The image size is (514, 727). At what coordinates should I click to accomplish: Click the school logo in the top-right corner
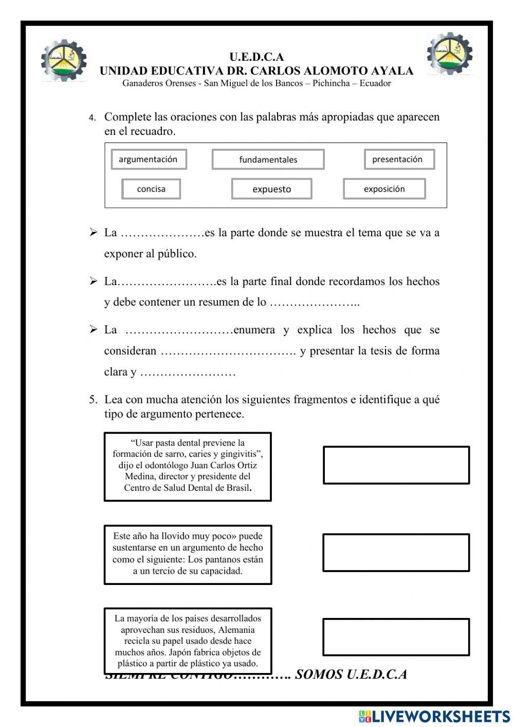[449, 54]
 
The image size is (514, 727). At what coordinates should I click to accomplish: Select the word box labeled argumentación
[149, 159]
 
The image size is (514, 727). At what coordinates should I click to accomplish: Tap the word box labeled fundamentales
[268, 159]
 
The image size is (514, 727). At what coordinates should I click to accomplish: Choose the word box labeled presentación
[399, 159]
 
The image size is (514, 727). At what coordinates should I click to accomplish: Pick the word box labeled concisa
[151, 189]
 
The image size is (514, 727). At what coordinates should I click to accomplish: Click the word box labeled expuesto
[271, 189]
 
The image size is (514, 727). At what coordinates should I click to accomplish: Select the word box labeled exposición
[384, 189]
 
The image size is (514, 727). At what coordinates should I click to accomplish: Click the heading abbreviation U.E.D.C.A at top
[256, 57]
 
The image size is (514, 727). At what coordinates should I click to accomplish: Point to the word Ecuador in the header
[375, 83]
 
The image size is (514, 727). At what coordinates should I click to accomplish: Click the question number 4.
[92, 118]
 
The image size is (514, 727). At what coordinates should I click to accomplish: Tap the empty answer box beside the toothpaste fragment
[396, 465]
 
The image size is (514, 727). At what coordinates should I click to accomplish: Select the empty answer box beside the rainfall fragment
[396, 553]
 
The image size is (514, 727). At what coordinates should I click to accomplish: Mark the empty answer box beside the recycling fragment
[396, 637]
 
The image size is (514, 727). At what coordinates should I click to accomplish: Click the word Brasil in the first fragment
[238, 488]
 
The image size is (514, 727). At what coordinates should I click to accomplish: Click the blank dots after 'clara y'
[188, 373]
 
